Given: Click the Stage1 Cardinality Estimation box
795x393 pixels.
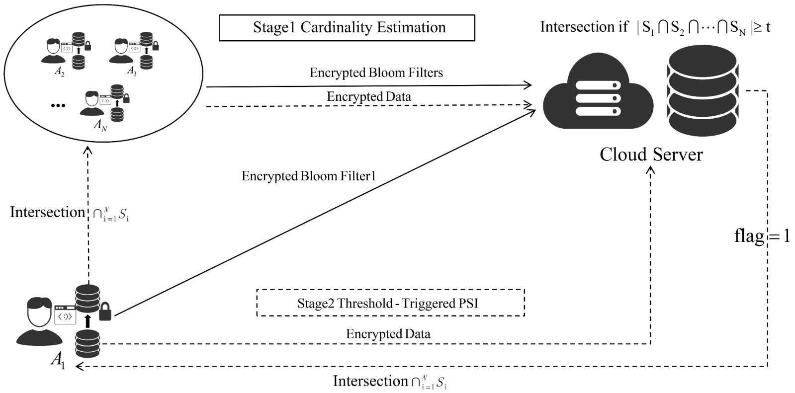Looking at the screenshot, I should coord(347,27).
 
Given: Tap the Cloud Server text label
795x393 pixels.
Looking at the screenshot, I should coord(651,155).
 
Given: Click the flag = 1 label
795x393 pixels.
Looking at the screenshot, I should coord(762,236).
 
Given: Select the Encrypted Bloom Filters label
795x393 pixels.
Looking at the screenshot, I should coord(376,73).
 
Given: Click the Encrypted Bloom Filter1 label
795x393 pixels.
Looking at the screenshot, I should coord(308,176).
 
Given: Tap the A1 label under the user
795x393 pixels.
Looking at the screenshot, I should coord(58,360).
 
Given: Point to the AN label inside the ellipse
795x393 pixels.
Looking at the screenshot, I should coord(100,125).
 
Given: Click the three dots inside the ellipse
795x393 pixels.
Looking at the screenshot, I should coord(58,105).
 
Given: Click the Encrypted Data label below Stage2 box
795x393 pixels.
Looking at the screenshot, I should coord(388,334).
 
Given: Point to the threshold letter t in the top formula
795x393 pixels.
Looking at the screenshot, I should coord(768,27).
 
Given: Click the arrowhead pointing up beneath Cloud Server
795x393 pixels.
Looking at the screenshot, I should coord(650,170).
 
